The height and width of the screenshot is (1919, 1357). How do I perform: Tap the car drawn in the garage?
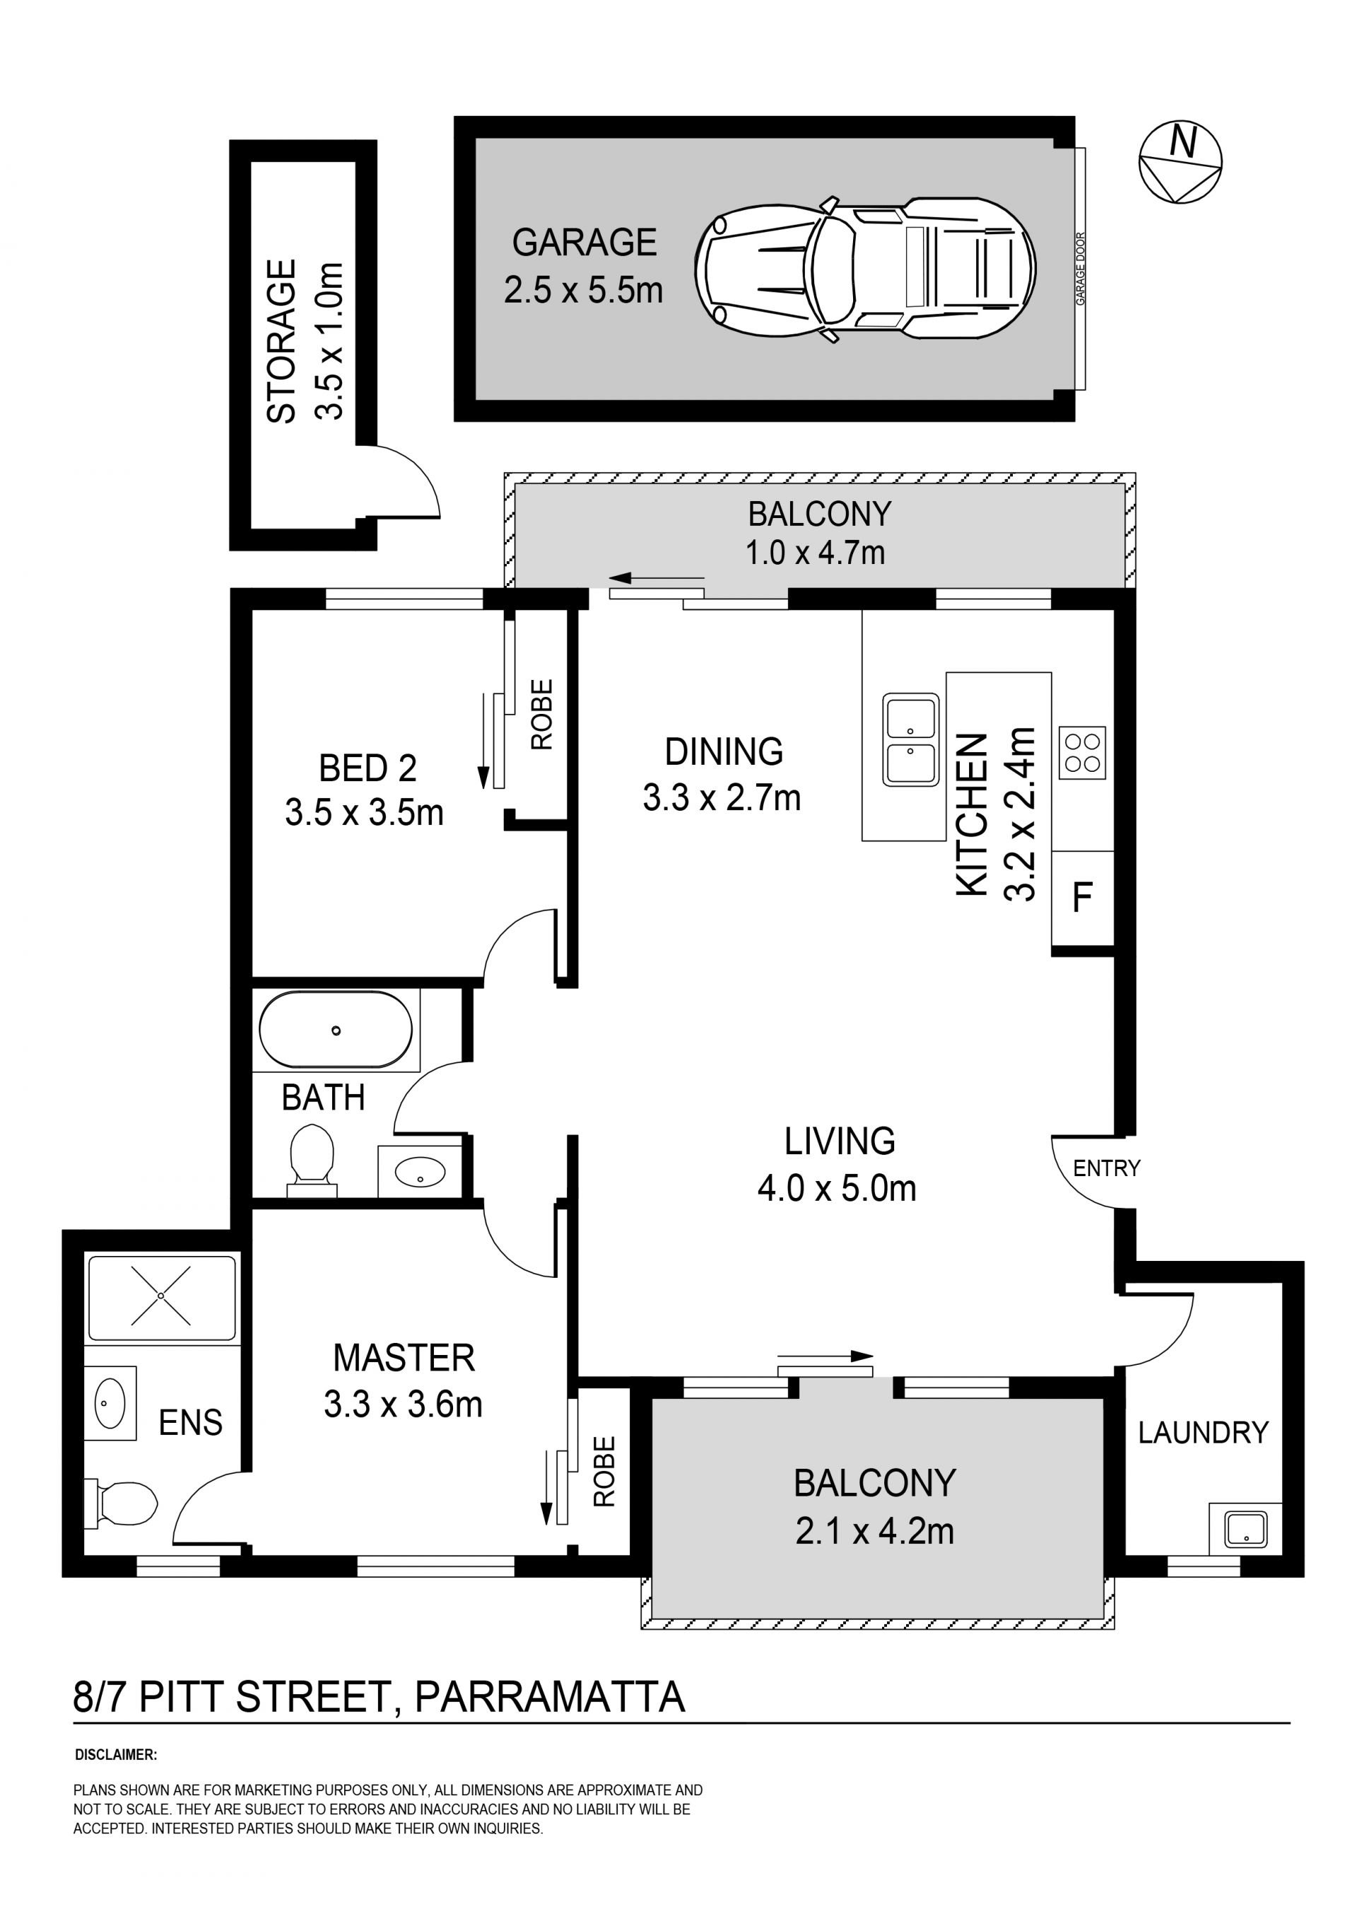(x=865, y=269)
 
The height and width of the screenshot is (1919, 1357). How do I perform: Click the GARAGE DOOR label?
(x=1081, y=269)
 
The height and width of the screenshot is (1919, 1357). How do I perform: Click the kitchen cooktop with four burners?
(x=1082, y=752)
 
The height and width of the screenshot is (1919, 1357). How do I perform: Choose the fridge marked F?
(x=1082, y=898)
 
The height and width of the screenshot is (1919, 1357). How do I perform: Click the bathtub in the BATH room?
(x=336, y=1030)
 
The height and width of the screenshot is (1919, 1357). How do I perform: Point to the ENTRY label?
(x=1106, y=1168)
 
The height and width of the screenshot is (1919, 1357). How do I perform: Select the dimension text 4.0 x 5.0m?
(x=836, y=1189)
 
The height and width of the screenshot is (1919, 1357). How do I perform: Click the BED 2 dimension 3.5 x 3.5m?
(x=363, y=812)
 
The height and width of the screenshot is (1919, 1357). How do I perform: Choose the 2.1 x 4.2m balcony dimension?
(x=874, y=1531)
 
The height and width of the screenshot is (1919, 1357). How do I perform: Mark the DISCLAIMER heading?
(x=116, y=1755)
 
